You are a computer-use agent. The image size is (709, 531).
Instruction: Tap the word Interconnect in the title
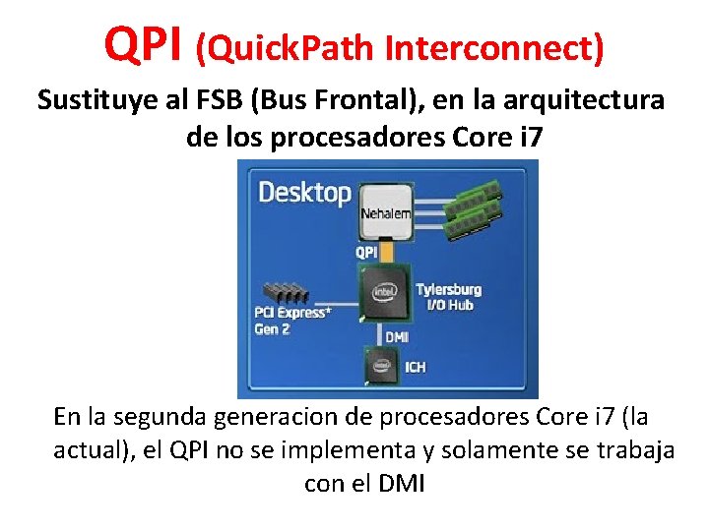[493, 46]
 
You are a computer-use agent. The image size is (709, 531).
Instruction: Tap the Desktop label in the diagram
[304, 192]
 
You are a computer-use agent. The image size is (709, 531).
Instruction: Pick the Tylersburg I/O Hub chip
[385, 292]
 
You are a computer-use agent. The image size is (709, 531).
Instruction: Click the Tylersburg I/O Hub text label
[448, 297]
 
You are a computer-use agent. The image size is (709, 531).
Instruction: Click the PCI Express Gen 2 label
[291, 321]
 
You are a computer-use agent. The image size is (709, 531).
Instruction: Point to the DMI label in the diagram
[397, 337]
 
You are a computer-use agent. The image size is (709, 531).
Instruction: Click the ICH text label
[416, 369]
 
